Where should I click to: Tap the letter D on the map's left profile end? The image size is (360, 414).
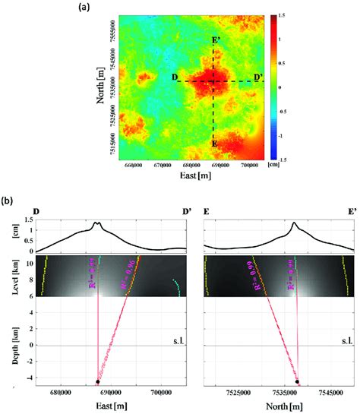click(174, 77)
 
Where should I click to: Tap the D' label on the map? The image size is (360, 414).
click(259, 77)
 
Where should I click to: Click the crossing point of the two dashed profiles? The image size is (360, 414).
click(213, 81)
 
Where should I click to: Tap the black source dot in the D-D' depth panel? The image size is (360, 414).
click(98, 381)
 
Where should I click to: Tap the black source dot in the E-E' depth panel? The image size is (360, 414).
click(298, 381)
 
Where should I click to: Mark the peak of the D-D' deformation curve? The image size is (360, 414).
click(96, 223)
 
